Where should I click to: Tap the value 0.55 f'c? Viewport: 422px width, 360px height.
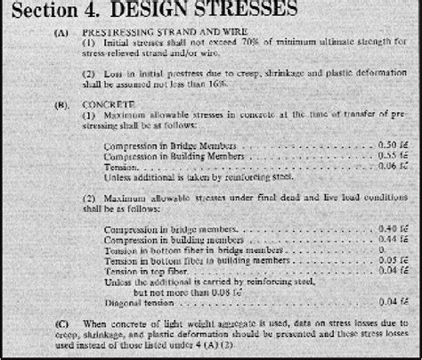click(x=393, y=154)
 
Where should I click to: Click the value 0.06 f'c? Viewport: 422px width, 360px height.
click(x=393, y=165)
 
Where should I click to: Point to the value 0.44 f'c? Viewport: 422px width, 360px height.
click(x=393, y=241)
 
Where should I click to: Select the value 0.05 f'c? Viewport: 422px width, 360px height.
click(x=393, y=261)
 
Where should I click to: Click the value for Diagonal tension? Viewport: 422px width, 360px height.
click(x=393, y=301)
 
